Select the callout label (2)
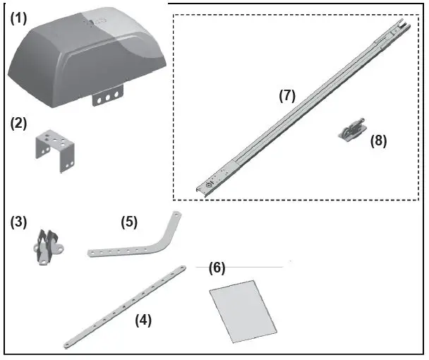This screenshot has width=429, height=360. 18,123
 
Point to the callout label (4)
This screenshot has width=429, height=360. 143,320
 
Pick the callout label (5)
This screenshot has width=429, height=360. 128,221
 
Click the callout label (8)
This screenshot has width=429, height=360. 379,140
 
